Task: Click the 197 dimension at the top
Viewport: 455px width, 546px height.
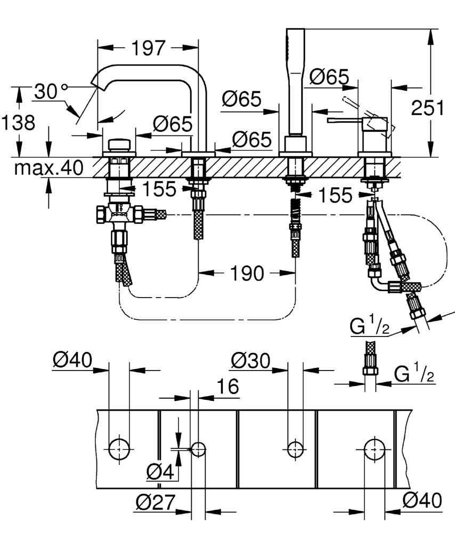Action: pyautogui.click(x=149, y=48)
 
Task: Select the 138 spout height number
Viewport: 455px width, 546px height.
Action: pyautogui.click(x=18, y=123)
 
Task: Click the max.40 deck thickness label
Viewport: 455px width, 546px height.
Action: pyautogui.click(x=48, y=168)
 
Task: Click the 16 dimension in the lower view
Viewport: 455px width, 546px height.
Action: pyautogui.click(x=228, y=387)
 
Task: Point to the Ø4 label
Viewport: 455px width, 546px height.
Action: pyautogui.click(x=160, y=471)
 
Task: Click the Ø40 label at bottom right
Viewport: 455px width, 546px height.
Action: pyautogui.click(x=422, y=500)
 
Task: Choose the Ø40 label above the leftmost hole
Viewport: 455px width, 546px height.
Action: pyautogui.click(x=72, y=361)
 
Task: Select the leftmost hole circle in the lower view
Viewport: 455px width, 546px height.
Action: pyautogui.click(x=118, y=448)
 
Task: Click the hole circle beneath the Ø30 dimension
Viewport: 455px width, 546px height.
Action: pyautogui.click(x=296, y=449)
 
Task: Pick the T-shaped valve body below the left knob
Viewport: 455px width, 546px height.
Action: pyautogui.click(x=120, y=214)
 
